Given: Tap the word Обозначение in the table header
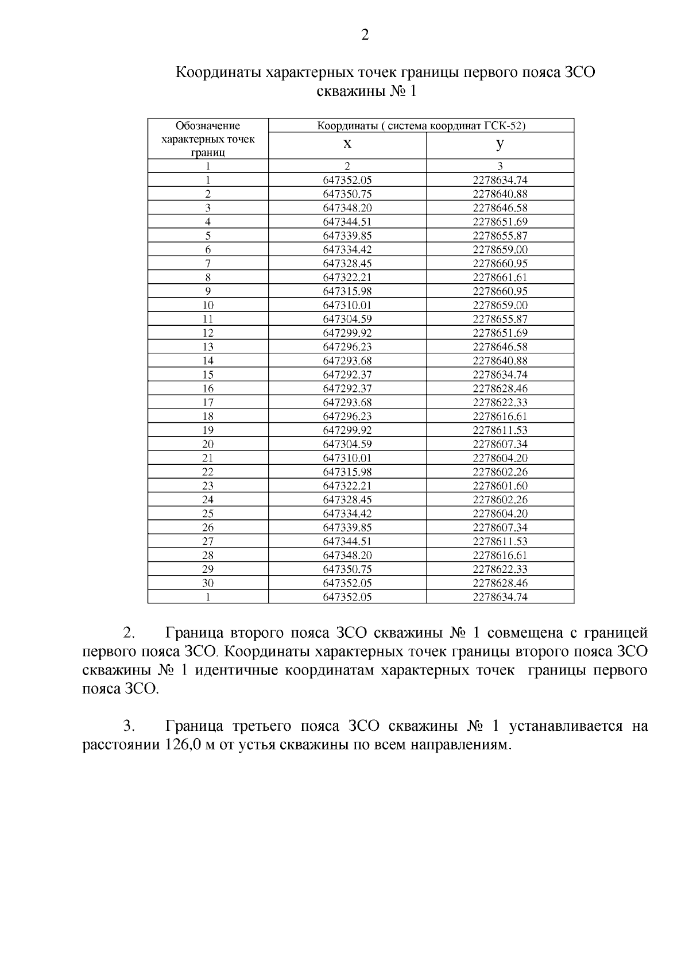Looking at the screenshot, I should click(x=208, y=126).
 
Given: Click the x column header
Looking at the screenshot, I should click(x=347, y=144).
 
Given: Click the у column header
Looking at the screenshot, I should click(x=500, y=144).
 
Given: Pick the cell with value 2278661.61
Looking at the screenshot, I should click(x=500, y=278).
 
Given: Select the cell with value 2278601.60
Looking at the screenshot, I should click(x=500, y=486).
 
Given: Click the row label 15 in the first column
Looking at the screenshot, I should click(x=208, y=375).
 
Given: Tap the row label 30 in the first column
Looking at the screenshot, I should click(x=208, y=583).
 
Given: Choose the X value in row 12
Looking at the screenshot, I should click(x=347, y=333).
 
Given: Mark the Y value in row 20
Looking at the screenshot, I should click(x=500, y=444).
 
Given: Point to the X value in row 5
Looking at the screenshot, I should click(x=347, y=236).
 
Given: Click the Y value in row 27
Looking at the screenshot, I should click(x=500, y=541).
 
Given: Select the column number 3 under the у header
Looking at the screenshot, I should click(x=500, y=166).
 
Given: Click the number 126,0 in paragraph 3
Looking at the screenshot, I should click(x=170, y=745).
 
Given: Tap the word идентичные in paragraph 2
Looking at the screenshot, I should click(x=237, y=670).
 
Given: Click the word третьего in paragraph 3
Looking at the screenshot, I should click(x=262, y=726).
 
